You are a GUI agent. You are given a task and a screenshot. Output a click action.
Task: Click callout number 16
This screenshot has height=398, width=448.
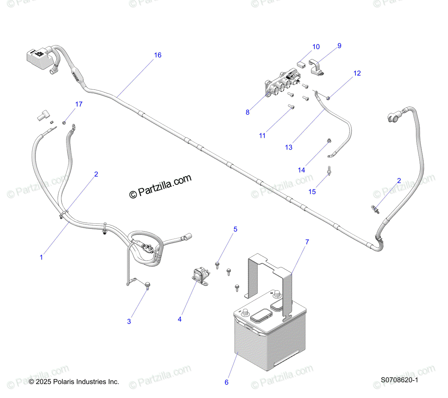[x=158, y=55]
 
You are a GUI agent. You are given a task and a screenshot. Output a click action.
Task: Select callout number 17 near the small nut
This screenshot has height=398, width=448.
[x=79, y=104]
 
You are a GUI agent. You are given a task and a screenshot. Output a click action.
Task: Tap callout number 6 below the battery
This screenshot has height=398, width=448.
[x=226, y=382]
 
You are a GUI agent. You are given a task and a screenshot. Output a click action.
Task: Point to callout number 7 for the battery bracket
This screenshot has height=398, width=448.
[x=307, y=242]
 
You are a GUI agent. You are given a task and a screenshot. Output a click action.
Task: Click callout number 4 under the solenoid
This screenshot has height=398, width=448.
[x=180, y=319]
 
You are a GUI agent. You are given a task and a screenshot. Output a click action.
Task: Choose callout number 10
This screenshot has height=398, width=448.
[x=316, y=47]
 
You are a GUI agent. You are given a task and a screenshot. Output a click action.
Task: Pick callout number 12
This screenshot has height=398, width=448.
[x=357, y=73]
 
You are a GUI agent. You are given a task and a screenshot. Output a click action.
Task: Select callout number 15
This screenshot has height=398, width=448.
[x=312, y=192]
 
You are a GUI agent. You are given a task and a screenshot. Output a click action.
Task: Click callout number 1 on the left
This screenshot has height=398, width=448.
[x=41, y=257]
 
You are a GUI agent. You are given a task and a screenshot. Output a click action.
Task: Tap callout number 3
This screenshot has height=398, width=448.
[x=129, y=321]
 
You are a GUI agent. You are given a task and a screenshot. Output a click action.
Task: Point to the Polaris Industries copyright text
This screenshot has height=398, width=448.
[x=74, y=382]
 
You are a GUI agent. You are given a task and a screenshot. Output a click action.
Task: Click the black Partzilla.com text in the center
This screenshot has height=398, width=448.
[x=161, y=186]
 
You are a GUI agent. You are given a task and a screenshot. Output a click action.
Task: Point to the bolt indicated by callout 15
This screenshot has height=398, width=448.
[x=329, y=171]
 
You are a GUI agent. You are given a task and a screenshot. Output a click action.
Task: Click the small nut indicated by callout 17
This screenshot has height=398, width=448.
[x=64, y=122]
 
